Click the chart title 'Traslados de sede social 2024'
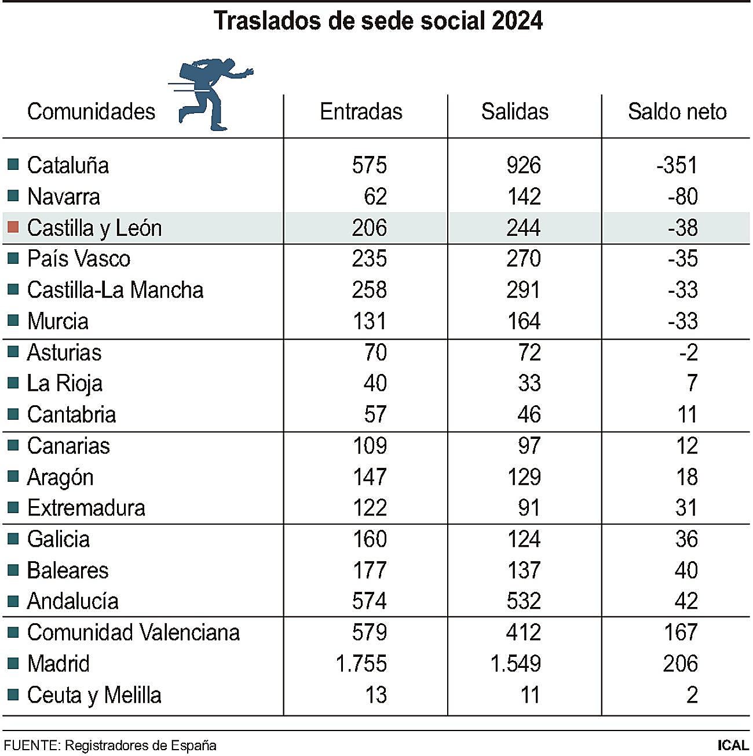[378, 21]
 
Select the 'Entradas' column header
[361, 111]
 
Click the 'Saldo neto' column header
[677, 111]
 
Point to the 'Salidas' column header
[514, 111]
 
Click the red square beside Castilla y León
[13, 227]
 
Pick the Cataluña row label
[68, 165]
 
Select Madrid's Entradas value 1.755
[361, 663]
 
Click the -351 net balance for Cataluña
[677, 165]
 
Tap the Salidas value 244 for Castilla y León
[523, 227]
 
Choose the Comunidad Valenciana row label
[133, 632]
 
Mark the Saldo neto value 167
[680, 632]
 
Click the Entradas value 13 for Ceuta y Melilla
[375, 695]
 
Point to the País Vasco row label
[78, 259]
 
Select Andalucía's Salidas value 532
[523, 601]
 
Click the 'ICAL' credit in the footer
[732, 745]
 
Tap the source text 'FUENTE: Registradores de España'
[110, 745]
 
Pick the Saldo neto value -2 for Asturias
[688, 352]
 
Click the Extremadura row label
[86, 508]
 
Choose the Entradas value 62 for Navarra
[375, 197]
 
